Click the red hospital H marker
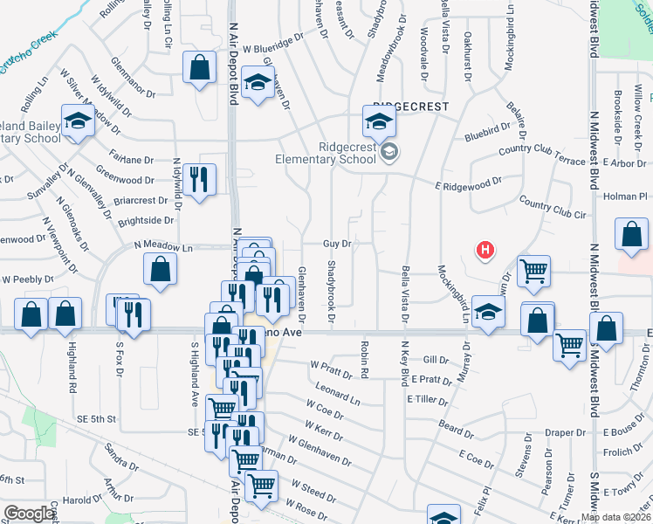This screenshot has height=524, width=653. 485,252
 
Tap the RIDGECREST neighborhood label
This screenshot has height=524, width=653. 410,107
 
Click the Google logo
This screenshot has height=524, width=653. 30,514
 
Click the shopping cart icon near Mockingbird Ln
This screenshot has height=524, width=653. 533,271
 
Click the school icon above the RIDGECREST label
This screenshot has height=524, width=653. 380,122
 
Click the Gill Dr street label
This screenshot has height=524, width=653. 434,360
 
